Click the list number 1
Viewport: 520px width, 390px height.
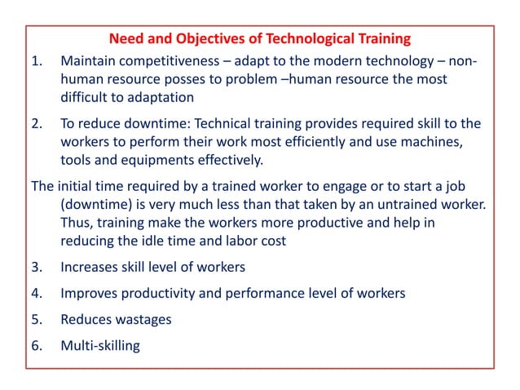coord(36,62)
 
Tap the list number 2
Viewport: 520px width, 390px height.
coord(36,123)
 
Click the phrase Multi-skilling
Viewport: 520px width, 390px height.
coord(100,345)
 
